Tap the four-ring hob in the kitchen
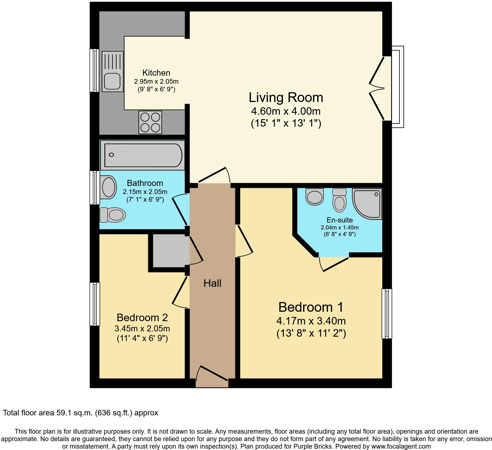[x=150, y=122]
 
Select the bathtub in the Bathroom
[x=142, y=155]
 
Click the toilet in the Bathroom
[x=113, y=215]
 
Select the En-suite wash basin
[x=315, y=196]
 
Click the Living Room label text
[x=286, y=98]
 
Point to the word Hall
[x=212, y=283]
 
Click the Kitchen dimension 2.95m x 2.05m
[x=156, y=82]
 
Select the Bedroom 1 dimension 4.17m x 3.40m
[x=311, y=321]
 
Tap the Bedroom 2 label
[x=142, y=318]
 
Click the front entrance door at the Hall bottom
[x=212, y=377]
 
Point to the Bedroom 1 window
[x=387, y=313]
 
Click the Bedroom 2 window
[x=95, y=304]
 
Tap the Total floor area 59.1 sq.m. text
[x=80, y=413]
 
